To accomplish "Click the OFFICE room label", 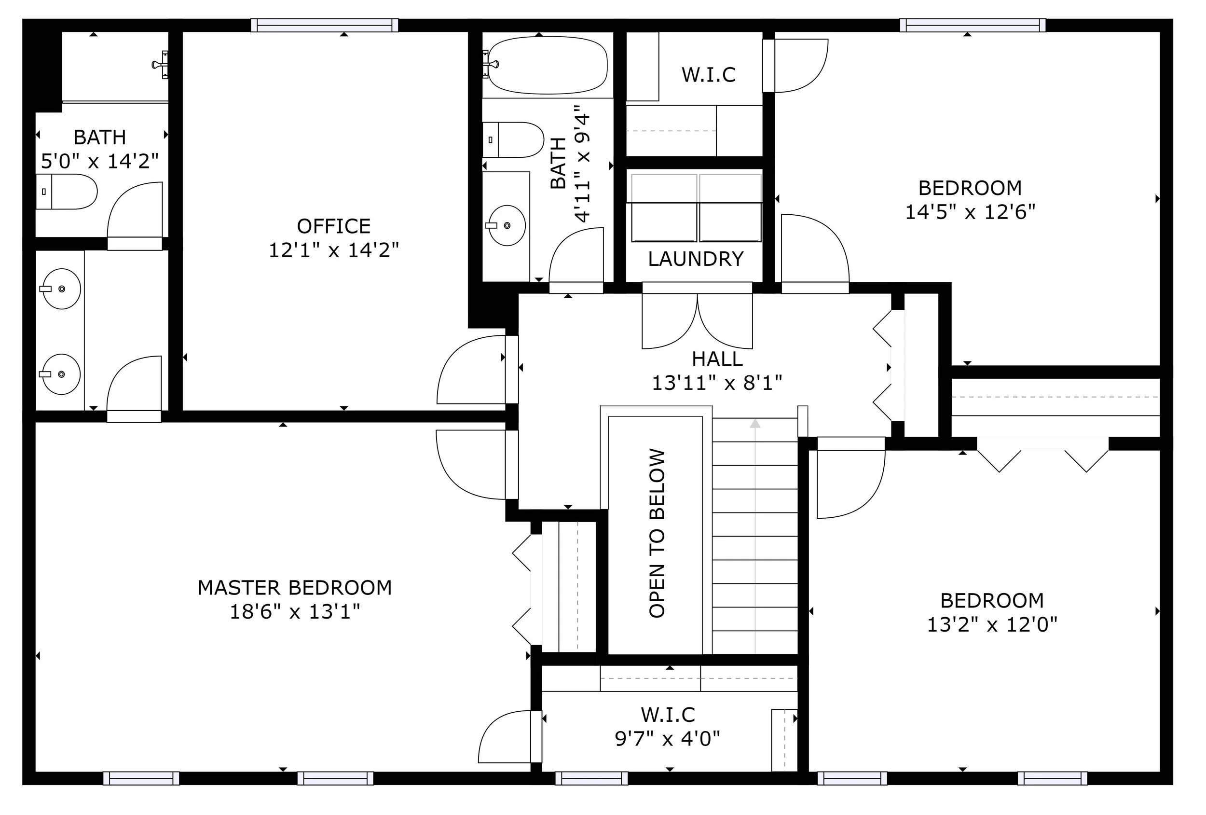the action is (334, 226).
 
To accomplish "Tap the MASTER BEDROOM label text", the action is (295, 588).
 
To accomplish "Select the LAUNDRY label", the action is (696, 259).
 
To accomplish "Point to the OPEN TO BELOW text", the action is (657, 533).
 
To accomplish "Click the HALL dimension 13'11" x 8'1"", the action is (717, 383).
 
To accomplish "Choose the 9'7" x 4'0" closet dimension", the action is (668, 738).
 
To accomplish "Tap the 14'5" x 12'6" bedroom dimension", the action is (971, 212).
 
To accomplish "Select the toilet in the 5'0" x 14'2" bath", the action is (67, 192).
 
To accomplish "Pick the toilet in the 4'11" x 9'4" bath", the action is (513, 139).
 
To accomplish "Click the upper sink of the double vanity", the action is (61, 289).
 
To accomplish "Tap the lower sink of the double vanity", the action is (61, 374).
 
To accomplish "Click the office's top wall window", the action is (325, 25).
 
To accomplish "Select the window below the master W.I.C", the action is (591, 778).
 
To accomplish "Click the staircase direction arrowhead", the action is (755, 424).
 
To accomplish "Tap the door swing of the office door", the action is (471, 370).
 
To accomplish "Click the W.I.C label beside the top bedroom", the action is (709, 75).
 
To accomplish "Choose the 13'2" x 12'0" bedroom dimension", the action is (992, 624).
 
